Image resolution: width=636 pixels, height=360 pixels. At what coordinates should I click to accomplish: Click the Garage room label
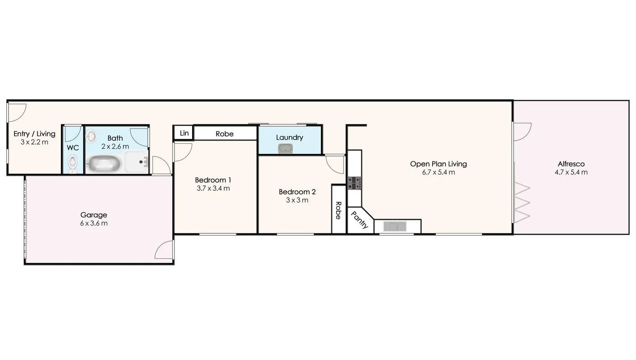[x=94, y=215]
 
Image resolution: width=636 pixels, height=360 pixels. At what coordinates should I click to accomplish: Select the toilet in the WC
[x=72, y=162]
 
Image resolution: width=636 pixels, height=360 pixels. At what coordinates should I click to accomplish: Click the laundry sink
[x=285, y=148]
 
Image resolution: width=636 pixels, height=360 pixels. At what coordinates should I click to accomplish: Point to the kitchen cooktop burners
[x=354, y=183]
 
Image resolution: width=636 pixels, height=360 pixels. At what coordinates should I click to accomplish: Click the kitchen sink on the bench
[x=395, y=226]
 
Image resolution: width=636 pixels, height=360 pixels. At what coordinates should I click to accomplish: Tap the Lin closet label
[x=184, y=133]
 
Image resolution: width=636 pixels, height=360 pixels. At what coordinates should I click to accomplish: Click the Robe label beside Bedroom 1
[x=225, y=134]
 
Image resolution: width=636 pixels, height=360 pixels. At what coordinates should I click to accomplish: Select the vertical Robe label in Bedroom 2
[x=338, y=210]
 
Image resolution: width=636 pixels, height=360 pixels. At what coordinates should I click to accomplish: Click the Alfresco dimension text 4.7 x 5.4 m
[x=571, y=172]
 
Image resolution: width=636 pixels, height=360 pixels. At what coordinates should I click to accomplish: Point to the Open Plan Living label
[x=438, y=164]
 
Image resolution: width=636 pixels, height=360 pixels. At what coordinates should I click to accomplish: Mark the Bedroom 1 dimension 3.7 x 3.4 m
[x=213, y=188]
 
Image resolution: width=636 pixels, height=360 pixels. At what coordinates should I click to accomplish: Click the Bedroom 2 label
[x=297, y=192]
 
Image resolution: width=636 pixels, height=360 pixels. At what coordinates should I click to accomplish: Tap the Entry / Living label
[x=34, y=134]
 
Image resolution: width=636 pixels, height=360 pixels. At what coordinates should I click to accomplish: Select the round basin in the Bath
[x=91, y=136]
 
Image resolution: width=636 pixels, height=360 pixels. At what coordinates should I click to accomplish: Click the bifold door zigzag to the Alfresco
[x=522, y=202]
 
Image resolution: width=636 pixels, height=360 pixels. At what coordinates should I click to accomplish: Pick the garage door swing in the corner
[x=164, y=250]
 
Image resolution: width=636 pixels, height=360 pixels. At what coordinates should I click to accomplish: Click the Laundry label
[x=289, y=137]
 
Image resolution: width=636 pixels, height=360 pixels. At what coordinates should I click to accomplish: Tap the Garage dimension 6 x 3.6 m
[x=94, y=223]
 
